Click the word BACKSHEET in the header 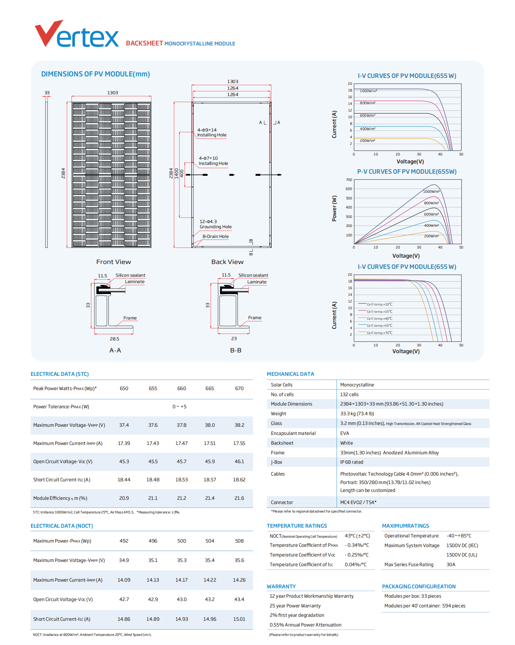coord(144,43)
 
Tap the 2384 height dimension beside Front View coord(63,173)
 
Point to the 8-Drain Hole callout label coord(216,236)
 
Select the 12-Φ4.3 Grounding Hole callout coord(216,224)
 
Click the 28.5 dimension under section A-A coord(114,339)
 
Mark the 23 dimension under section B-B coord(234,339)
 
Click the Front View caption coord(114,262)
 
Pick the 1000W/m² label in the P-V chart coord(431,191)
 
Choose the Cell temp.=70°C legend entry coord(380,333)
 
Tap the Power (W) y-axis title coord(334,208)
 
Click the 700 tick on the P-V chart coord(349,180)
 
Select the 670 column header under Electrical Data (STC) coord(239,389)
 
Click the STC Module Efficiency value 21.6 coord(239,498)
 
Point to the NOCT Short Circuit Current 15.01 coord(239,619)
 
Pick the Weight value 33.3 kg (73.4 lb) coord(357,414)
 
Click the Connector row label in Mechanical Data coord(282,503)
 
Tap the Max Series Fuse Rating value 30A coord(451,565)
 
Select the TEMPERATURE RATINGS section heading coord(297,526)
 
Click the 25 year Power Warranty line coord(295,606)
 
